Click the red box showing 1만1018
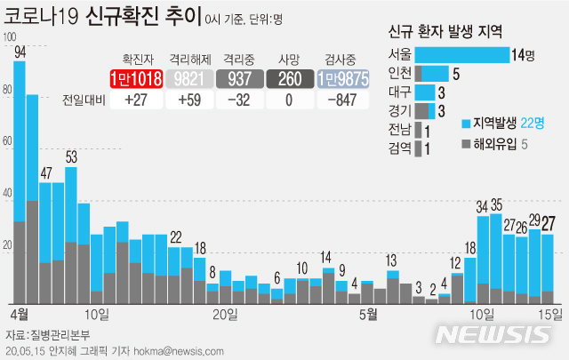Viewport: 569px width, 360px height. coord(136,79)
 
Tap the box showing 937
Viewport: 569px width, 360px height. coord(240,79)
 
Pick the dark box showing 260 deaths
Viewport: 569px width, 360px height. coord(291,79)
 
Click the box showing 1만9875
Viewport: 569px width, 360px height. coord(342,79)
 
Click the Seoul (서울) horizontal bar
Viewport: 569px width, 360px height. coord(461,55)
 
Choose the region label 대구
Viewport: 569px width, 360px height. coord(399,92)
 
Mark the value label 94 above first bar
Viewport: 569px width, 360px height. coord(20,52)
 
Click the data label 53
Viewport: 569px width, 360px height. coord(71,157)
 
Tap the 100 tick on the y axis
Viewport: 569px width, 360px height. coord(10,37)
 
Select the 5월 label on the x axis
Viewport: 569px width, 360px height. coord(368,314)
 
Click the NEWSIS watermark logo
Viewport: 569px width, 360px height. coord(493,334)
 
